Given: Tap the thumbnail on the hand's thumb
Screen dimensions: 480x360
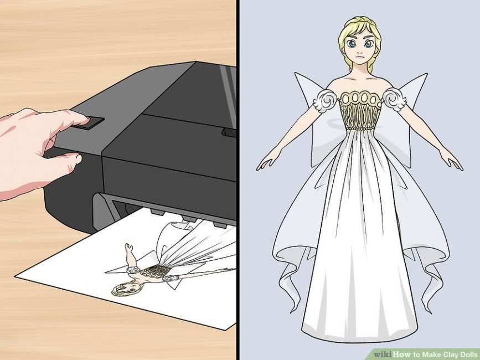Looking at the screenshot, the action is pos(79,158).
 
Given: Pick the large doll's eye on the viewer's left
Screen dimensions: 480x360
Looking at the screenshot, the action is pos(351,44).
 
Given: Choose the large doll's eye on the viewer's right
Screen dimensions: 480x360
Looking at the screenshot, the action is pos(369,43).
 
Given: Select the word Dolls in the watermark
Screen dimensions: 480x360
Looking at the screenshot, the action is pos(468,354).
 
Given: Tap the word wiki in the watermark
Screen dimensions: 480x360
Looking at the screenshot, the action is pos(383,354).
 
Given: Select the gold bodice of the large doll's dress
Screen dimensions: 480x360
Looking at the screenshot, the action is pos(361,110).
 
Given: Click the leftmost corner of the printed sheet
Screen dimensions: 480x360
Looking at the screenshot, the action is pos(15,276).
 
